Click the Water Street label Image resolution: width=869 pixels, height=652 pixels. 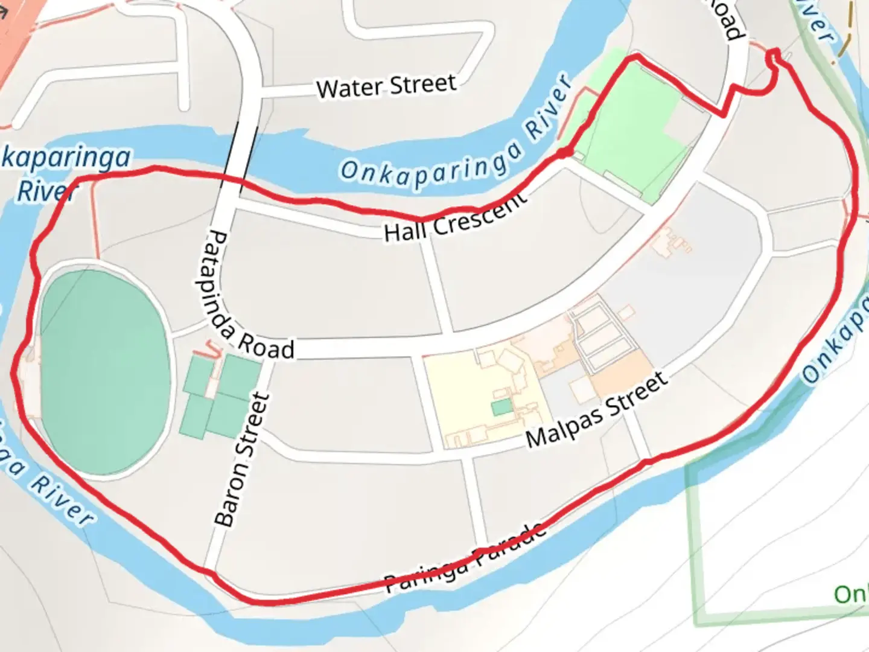pyautogui.click(x=386, y=86)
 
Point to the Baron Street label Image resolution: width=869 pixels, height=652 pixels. pyautogui.click(x=242, y=459)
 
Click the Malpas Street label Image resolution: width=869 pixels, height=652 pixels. pyautogui.click(x=597, y=411)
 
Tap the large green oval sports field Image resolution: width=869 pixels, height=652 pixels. pyautogui.click(x=104, y=371)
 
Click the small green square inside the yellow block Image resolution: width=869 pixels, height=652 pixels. pyautogui.click(x=501, y=407)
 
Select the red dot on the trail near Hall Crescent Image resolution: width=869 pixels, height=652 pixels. pyautogui.click(x=562, y=153)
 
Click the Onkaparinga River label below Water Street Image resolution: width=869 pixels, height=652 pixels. pyautogui.click(x=456, y=141)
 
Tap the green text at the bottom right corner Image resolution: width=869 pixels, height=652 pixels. pyautogui.click(x=851, y=595)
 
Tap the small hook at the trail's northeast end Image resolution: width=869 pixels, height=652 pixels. pyautogui.click(x=775, y=58)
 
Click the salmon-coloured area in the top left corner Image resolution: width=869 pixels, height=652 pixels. pyautogui.click(x=15, y=30)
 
